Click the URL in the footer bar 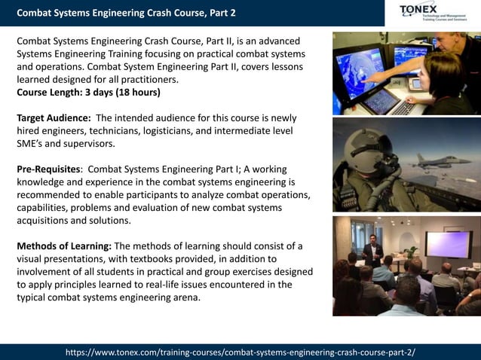pos(240,352)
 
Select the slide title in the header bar pos(126,13)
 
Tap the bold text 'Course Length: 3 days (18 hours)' pos(88,93)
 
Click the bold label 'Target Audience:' pos(54,118)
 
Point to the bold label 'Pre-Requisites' pos(48,169)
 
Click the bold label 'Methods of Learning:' pos(64,246)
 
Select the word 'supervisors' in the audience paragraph pos(93,144)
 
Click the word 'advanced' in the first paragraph pos(274,41)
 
